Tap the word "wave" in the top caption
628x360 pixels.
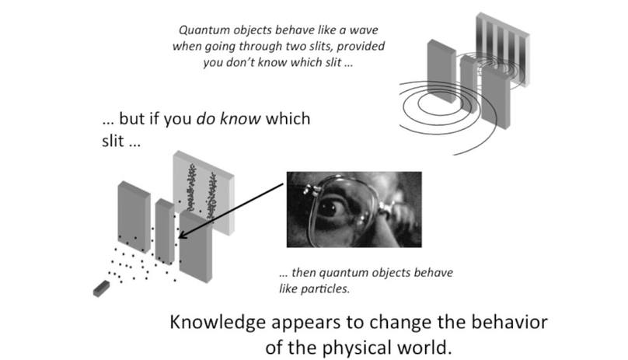tap(367, 31)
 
